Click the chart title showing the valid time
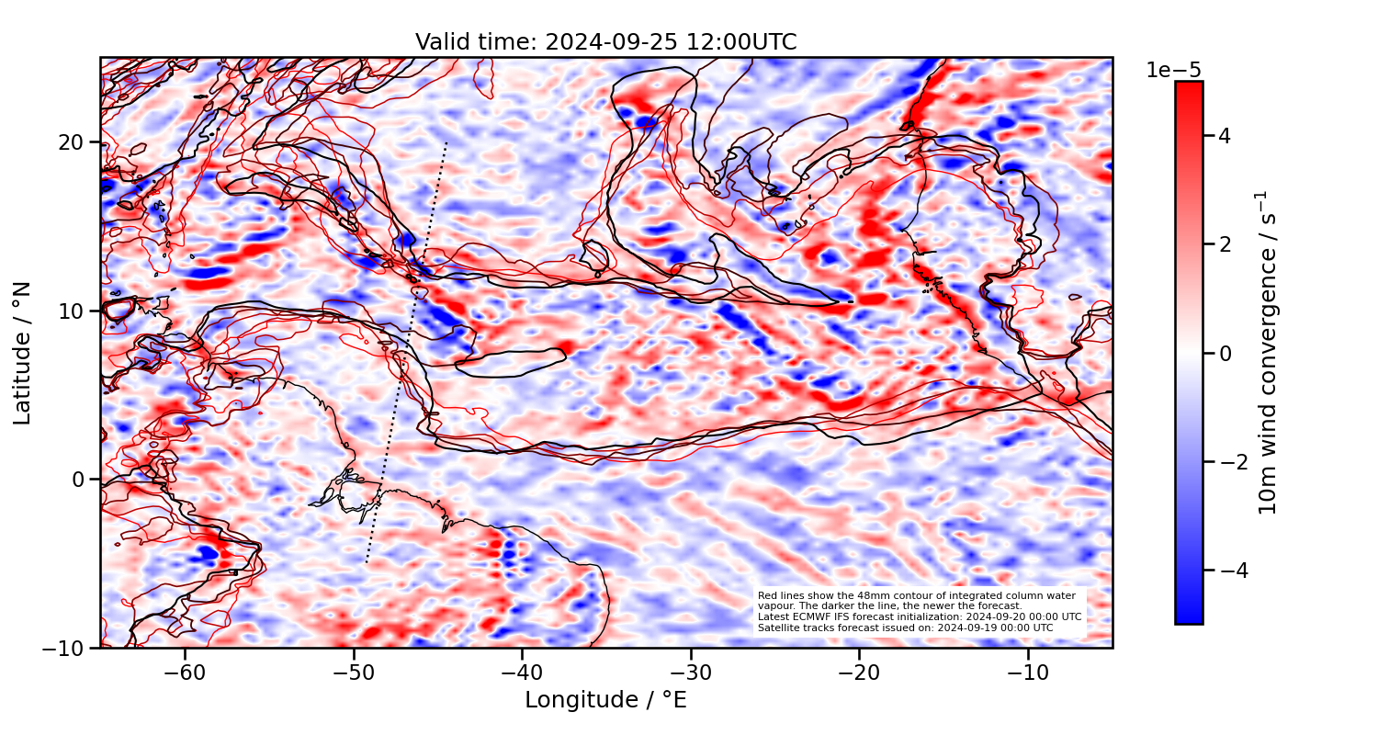pyautogui.click(x=605, y=42)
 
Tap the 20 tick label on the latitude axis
pyautogui.click(x=73, y=142)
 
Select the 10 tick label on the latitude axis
pyautogui.click(x=73, y=311)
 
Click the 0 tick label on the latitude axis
pyautogui.click(x=80, y=480)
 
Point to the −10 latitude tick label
pyautogui.click(x=66, y=648)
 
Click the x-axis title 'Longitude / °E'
pyautogui.click(x=605, y=700)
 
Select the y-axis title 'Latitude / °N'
pyautogui.click(x=23, y=353)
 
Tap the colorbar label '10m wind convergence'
pyautogui.click(x=1268, y=353)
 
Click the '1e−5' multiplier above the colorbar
pyautogui.click(x=1173, y=71)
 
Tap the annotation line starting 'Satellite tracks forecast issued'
pyautogui.click(x=905, y=628)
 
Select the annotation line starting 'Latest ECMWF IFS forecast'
pyautogui.click(x=919, y=616)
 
